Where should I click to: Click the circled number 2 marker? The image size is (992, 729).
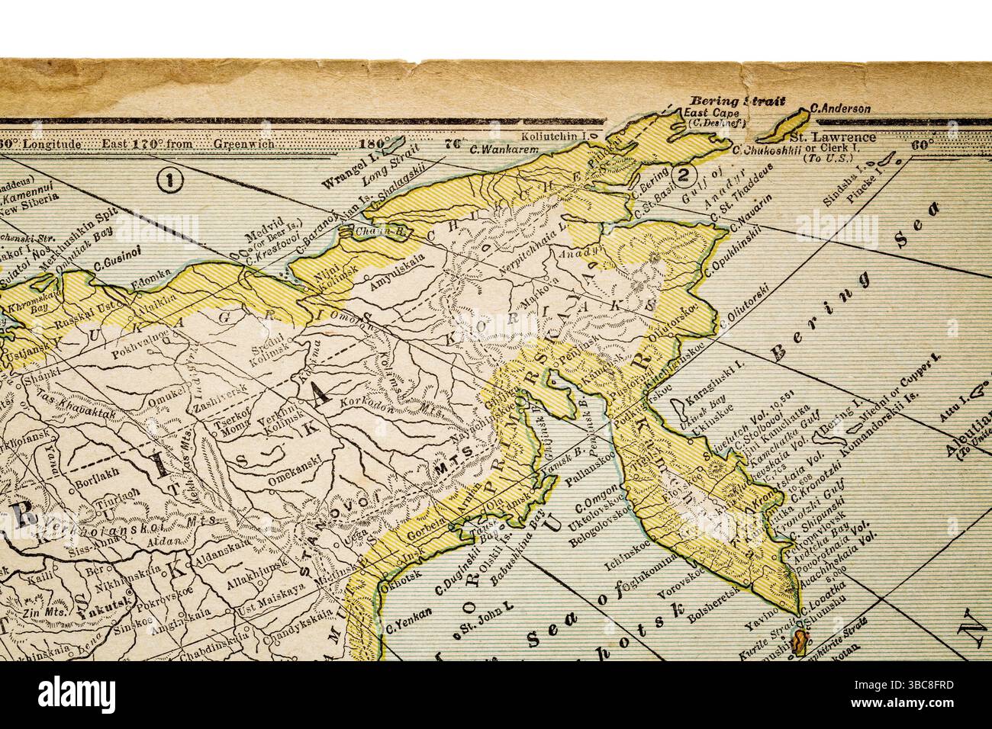coord(684,175)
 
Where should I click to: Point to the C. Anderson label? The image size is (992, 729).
coord(841,108)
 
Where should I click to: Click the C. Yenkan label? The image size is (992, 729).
coord(409,629)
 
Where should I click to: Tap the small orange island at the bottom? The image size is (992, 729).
coord(798,642)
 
